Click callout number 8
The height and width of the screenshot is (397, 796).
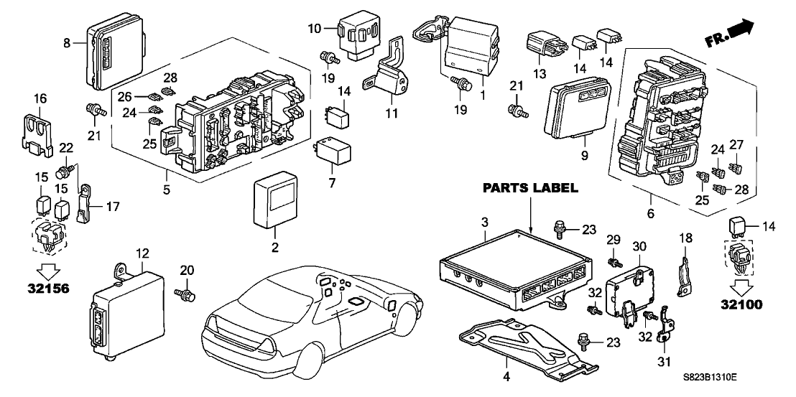click(x=67, y=43)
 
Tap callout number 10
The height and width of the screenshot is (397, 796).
click(x=315, y=29)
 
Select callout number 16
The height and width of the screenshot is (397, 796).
click(x=39, y=98)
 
